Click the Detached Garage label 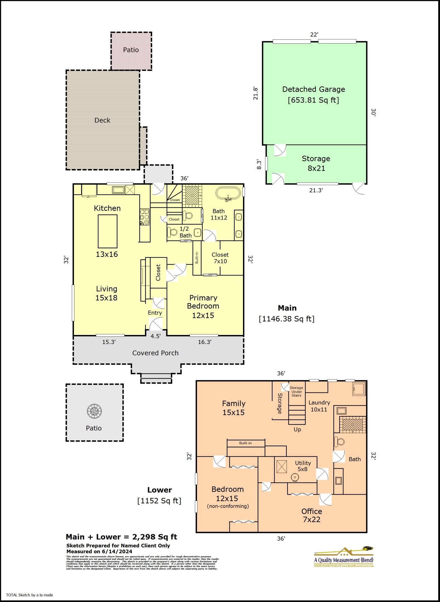(x=313, y=89)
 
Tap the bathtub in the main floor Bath (x=228, y=194)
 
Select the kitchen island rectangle (x=107, y=231)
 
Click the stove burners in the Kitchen (x=144, y=217)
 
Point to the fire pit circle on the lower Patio (x=94, y=411)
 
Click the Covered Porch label (x=155, y=353)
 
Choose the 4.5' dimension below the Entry (x=155, y=336)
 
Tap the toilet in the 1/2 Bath (x=173, y=232)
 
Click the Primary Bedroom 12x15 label (x=203, y=306)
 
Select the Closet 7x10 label (x=220, y=258)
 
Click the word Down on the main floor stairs (x=175, y=200)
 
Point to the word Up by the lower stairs (x=297, y=430)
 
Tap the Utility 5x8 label (x=303, y=466)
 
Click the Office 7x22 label (x=312, y=515)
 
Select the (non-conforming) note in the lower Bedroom (x=228, y=506)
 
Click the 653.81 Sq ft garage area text (x=313, y=100)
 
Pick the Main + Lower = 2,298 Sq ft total (x=121, y=537)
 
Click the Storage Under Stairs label (x=297, y=392)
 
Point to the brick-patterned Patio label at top (x=131, y=50)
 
